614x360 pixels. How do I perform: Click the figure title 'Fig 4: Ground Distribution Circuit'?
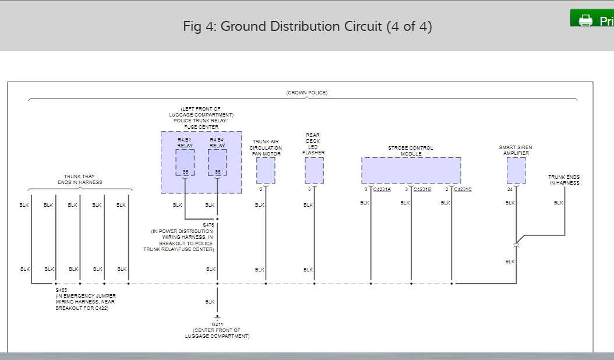click(x=308, y=27)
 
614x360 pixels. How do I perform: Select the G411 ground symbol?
click(x=217, y=318)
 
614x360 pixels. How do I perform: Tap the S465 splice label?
click(x=61, y=290)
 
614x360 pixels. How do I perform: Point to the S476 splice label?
click(x=208, y=225)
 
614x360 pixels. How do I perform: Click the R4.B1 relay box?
click(x=185, y=162)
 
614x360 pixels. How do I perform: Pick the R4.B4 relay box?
click(x=217, y=162)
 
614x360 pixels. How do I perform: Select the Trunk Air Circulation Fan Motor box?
click(x=266, y=170)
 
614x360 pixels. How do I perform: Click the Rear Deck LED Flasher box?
click(x=314, y=170)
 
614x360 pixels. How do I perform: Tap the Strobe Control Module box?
click(x=411, y=170)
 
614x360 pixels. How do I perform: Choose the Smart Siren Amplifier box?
click(x=516, y=170)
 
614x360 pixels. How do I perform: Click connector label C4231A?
click(x=382, y=189)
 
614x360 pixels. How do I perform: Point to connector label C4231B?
click(x=422, y=189)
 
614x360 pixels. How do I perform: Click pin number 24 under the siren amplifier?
click(x=510, y=189)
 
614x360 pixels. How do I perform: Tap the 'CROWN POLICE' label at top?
click(x=307, y=93)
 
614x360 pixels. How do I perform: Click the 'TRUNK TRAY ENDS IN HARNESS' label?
click(x=79, y=179)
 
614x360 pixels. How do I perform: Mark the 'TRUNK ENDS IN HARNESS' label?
click(x=564, y=179)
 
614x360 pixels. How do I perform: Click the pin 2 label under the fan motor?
click(x=261, y=189)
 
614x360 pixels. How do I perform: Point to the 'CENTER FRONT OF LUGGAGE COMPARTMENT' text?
click(x=217, y=333)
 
